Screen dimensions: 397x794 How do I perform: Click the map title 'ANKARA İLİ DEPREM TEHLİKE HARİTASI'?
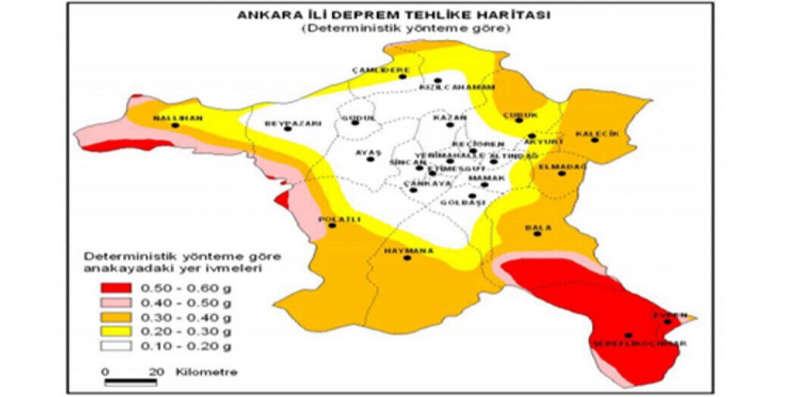pos(394,16)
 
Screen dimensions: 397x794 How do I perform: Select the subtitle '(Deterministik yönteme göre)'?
pos(393,29)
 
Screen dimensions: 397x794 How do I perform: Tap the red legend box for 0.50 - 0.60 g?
pos(115,288)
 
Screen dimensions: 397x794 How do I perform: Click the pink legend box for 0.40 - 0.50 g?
pos(115,303)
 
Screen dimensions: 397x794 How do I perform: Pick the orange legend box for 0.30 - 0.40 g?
pos(115,317)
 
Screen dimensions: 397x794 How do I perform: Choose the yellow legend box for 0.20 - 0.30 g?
pos(115,331)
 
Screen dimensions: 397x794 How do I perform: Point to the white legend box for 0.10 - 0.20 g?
pos(115,346)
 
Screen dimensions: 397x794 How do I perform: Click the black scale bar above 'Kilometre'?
pos(130,381)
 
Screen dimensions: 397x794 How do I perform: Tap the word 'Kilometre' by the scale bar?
pos(207,372)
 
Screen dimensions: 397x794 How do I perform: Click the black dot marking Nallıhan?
pos(175,125)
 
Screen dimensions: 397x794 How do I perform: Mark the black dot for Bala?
pos(537,234)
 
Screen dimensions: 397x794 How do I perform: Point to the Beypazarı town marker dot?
pos(287,128)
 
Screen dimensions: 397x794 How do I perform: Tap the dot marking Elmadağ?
pos(561,174)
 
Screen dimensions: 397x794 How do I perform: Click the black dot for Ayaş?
pos(370,159)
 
